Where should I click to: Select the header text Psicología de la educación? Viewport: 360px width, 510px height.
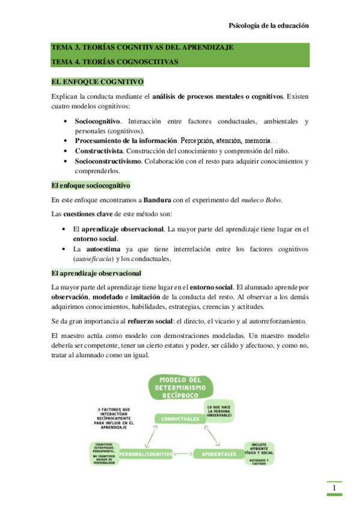(269, 26)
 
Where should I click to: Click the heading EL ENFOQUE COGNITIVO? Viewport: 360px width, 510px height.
(97, 81)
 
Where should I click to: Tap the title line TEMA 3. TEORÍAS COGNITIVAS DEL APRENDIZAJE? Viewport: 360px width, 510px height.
(142, 48)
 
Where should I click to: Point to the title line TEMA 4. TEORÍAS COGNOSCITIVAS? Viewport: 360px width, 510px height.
(114, 61)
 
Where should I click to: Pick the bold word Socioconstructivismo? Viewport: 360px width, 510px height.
(108, 161)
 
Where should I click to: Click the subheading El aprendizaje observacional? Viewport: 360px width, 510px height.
(96, 274)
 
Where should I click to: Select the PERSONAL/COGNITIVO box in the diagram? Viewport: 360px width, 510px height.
(146, 453)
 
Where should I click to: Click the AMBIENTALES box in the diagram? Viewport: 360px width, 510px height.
(219, 453)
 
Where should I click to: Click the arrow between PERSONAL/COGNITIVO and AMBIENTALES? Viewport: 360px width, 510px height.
(184, 453)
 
